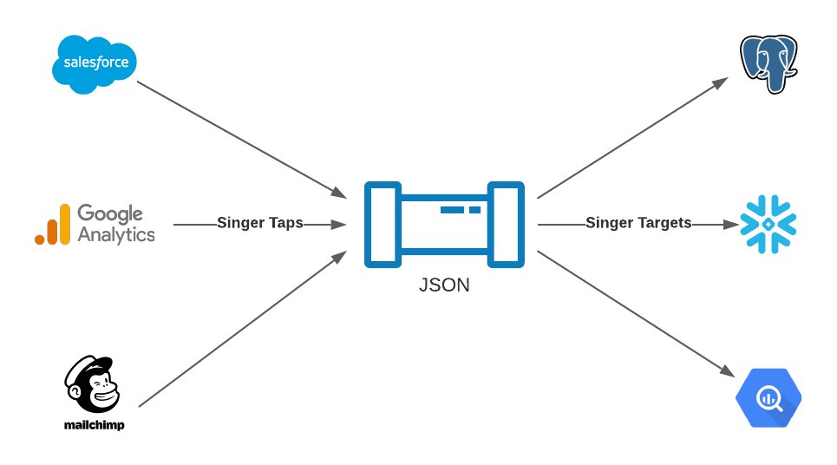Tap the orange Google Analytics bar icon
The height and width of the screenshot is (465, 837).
pos(52,226)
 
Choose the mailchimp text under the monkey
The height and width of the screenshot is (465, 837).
pos(93,426)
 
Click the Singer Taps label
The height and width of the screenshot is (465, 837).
pos(260,223)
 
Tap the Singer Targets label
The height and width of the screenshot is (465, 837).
pos(638,223)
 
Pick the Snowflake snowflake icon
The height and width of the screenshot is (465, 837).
pos(768,224)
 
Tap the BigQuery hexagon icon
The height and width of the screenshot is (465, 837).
pos(768,398)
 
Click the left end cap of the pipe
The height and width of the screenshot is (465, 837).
pos(383,224)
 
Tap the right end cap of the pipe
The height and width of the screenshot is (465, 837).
pos(506,224)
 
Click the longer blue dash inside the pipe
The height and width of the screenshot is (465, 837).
pos(453,210)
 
